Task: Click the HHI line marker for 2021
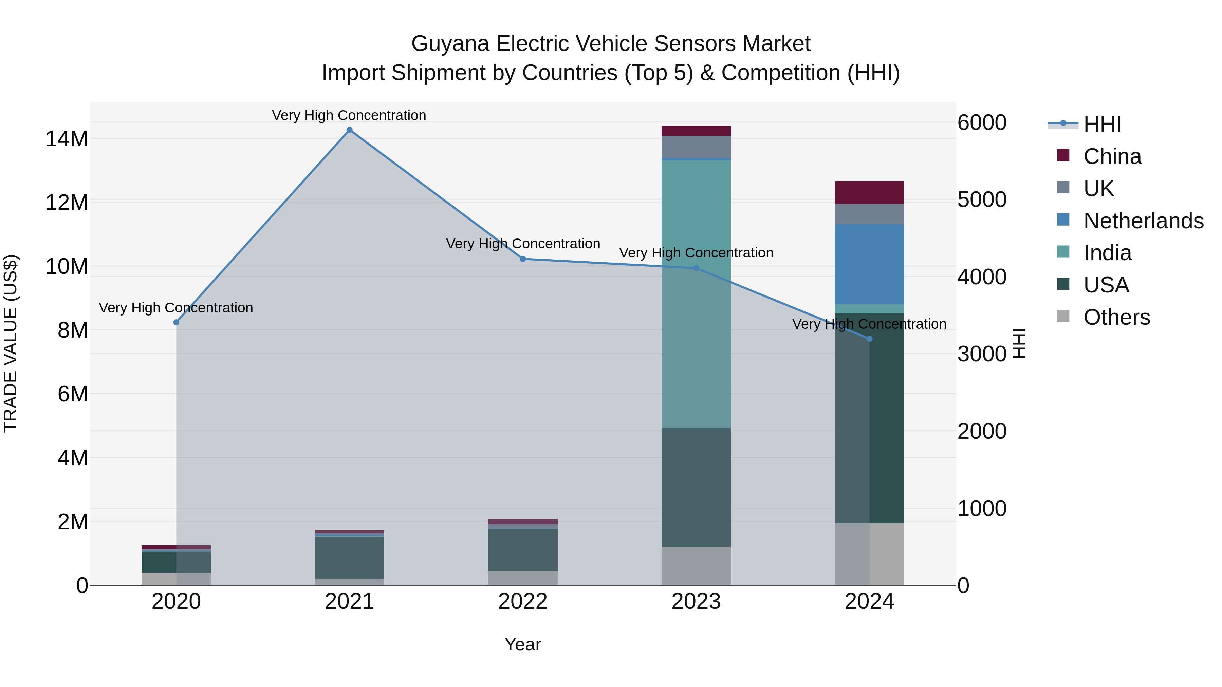(x=349, y=130)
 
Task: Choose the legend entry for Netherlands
(x=1143, y=221)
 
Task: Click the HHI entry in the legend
(x=1102, y=124)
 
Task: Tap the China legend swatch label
(x=1112, y=156)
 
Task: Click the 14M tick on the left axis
(x=67, y=139)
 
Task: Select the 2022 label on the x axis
(x=523, y=602)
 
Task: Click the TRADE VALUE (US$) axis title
(x=11, y=343)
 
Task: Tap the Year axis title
(x=523, y=644)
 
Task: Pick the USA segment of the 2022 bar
(x=523, y=550)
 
